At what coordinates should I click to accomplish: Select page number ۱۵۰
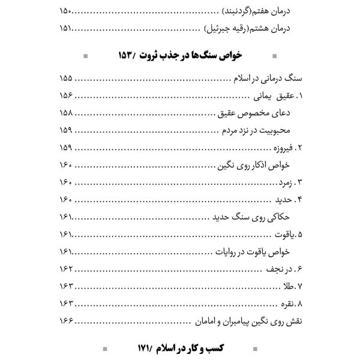click(x=68, y=11)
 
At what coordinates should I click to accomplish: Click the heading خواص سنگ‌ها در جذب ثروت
click(x=202, y=56)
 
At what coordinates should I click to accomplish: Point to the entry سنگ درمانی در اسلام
click(x=268, y=79)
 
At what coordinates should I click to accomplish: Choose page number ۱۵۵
click(x=68, y=79)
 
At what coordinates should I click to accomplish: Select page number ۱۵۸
click(x=68, y=113)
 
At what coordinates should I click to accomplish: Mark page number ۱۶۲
click(x=68, y=268)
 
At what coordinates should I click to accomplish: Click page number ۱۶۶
click(x=68, y=319)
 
